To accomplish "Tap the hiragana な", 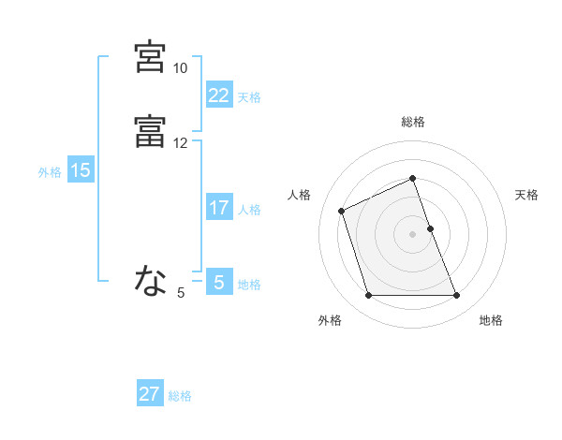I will coord(150,280).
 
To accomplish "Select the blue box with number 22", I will coord(218,95).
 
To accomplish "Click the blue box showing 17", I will coord(218,208).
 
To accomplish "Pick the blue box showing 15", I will coord(81,170).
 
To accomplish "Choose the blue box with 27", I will coord(150,394).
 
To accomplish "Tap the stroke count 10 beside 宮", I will coord(180,68).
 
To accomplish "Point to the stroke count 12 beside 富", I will coord(180,143).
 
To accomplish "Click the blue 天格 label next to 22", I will coord(249,97).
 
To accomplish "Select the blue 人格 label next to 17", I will coord(249,210).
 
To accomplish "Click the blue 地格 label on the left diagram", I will coord(249,285).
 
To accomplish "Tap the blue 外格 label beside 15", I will coord(50,172).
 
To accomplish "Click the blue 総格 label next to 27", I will coord(180,396).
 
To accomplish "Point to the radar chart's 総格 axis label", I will coord(413,123).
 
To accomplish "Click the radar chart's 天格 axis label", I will coord(527,195).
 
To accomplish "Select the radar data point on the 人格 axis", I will coord(343,210).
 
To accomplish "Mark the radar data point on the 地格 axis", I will coord(456,296).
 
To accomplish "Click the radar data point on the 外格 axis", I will coord(368,296).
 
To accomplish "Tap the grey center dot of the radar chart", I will coord(413,233).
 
